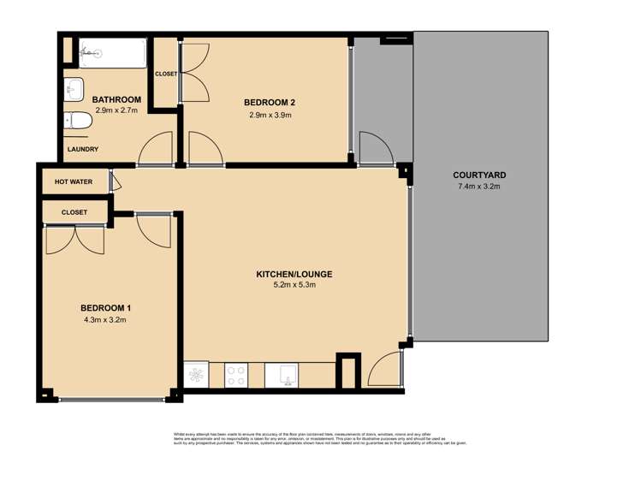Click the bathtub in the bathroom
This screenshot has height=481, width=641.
[111, 54]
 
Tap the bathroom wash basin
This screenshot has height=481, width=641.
[73, 87]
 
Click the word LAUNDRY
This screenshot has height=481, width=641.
[82, 150]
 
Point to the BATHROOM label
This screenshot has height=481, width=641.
[116, 100]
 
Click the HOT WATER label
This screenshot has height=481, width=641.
[73, 182]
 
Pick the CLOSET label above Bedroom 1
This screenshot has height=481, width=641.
[74, 211]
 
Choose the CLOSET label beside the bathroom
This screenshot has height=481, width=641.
[165, 74]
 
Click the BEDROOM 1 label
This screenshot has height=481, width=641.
[105, 308]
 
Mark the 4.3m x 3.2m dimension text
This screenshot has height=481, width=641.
[105, 320]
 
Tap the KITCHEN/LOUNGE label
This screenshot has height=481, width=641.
[294, 275]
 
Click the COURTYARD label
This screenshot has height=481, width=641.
[480, 175]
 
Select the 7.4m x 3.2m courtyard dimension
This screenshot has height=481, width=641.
[480, 186]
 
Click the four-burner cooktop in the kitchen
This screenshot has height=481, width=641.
[236, 374]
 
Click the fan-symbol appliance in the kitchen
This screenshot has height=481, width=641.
[196, 374]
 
